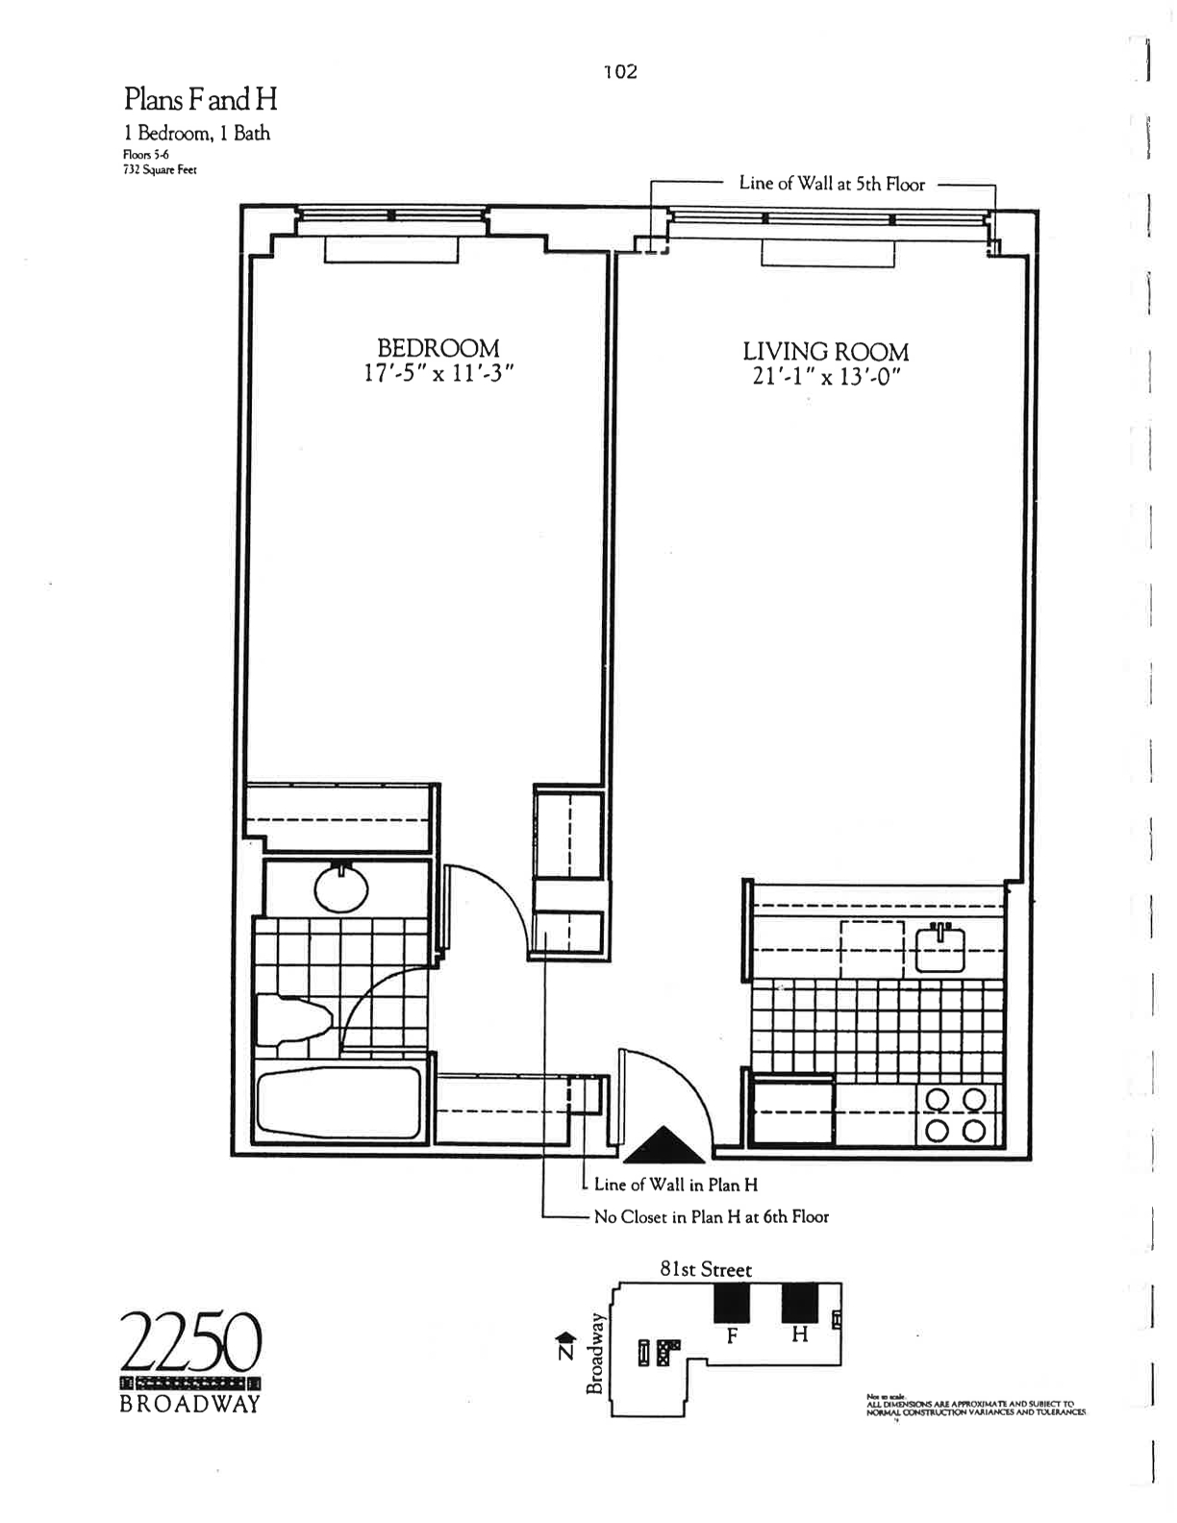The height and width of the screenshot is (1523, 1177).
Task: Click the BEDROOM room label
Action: click(438, 347)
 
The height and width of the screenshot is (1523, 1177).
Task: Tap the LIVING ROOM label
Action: click(825, 351)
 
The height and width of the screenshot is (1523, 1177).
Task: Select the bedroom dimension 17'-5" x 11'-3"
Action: click(438, 373)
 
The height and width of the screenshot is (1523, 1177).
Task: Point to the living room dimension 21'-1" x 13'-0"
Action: click(825, 377)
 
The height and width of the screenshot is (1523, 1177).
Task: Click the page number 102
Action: click(620, 72)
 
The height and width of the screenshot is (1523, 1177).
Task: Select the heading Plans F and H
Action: click(200, 99)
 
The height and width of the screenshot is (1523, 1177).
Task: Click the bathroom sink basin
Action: click(341, 889)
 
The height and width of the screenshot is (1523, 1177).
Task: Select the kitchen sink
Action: click(939, 947)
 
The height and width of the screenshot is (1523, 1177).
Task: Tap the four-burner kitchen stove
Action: click(955, 1114)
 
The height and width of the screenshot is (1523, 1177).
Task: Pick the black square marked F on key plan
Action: click(731, 1303)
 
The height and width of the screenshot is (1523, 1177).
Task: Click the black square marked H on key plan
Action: click(799, 1303)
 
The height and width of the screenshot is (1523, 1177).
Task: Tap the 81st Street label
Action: click(706, 1269)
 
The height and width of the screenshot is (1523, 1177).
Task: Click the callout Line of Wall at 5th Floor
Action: click(832, 184)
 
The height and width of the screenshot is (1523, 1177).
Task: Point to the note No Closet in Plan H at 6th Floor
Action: click(711, 1217)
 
